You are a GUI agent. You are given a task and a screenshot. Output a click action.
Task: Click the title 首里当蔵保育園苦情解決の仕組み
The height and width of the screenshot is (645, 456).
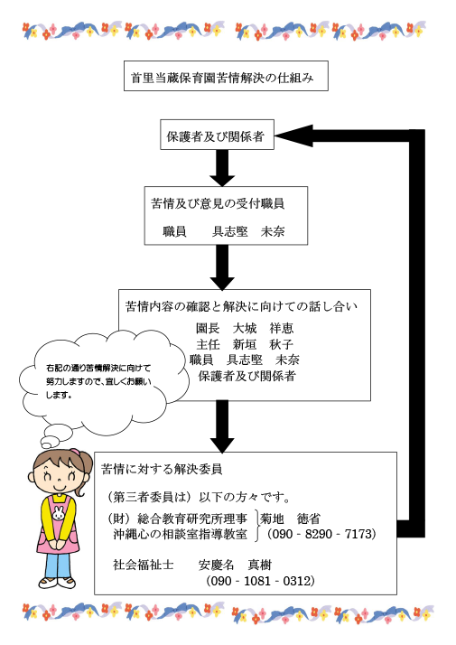coord(225,78)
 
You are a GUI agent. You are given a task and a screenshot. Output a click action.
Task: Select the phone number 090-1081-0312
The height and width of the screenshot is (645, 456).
coord(260,580)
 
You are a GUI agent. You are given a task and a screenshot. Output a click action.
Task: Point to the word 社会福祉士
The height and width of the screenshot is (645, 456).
coord(143,564)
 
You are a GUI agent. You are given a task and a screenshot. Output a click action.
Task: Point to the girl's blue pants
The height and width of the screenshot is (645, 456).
coord(57,564)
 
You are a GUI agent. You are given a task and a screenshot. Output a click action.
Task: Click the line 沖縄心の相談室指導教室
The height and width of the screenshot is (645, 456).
coord(179,534)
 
